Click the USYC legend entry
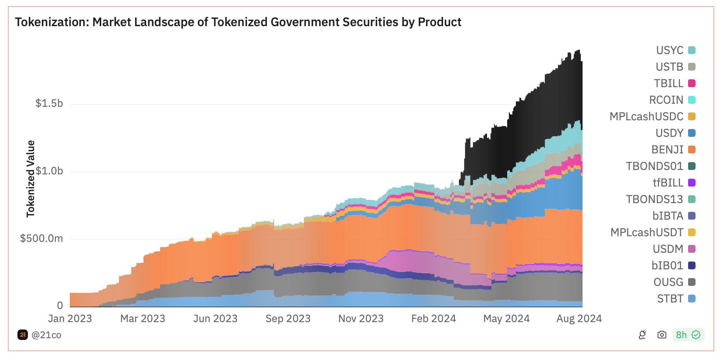coord(675,50)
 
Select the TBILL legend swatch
coord(692,83)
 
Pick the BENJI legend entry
coord(673,149)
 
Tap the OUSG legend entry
coord(674,282)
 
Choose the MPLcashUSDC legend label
coord(646,116)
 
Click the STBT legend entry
coord(675,299)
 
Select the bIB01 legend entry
coord(673,265)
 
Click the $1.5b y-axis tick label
coord(49,103)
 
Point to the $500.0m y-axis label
coord(41,238)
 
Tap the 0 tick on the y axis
coord(60,306)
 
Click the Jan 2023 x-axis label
coord(70,319)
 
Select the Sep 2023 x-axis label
coord(288,319)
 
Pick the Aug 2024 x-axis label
coord(579,319)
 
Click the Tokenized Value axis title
coord(30,179)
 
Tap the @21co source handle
coord(46,335)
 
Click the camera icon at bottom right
coord(662,335)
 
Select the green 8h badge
coord(688,335)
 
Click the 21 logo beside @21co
coord(23,335)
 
